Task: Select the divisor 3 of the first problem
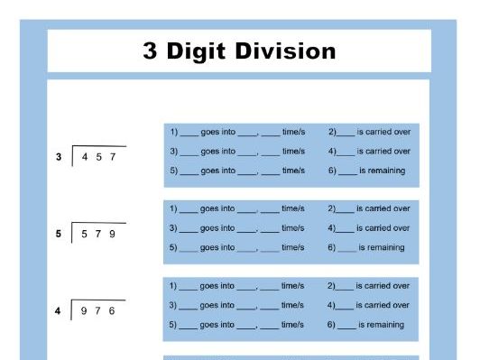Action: (59, 157)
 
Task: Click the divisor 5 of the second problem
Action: (59, 234)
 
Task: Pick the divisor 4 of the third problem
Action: (59, 311)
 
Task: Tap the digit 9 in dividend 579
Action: (112, 234)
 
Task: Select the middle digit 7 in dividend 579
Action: (98, 234)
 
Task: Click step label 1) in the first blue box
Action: (173, 133)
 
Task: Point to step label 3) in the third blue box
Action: (173, 305)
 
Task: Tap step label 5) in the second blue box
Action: (173, 247)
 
